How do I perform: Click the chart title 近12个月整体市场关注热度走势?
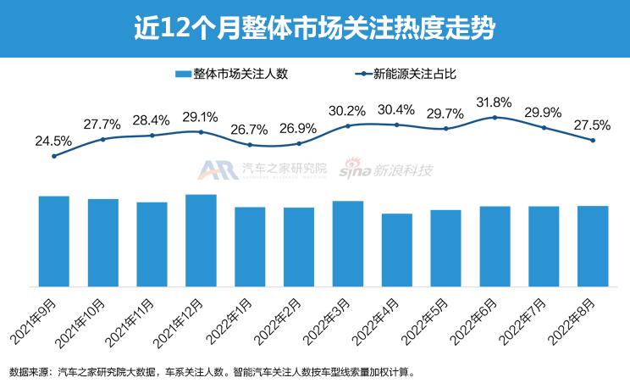tap(314, 28)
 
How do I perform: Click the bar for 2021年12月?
tap(201, 240)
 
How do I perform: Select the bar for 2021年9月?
tap(54, 241)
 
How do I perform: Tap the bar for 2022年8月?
tap(593, 246)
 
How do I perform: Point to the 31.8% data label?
tap(495, 103)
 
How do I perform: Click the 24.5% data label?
tap(54, 140)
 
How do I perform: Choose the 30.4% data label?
tap(397, 109)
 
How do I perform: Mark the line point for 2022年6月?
tap(495, 117)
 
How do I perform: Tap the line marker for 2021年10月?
tap(103, 139)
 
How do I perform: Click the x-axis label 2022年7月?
tap(521, 318)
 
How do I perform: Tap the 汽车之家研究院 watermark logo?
tap(262, 170)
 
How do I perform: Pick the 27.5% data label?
tap(592, 125)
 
